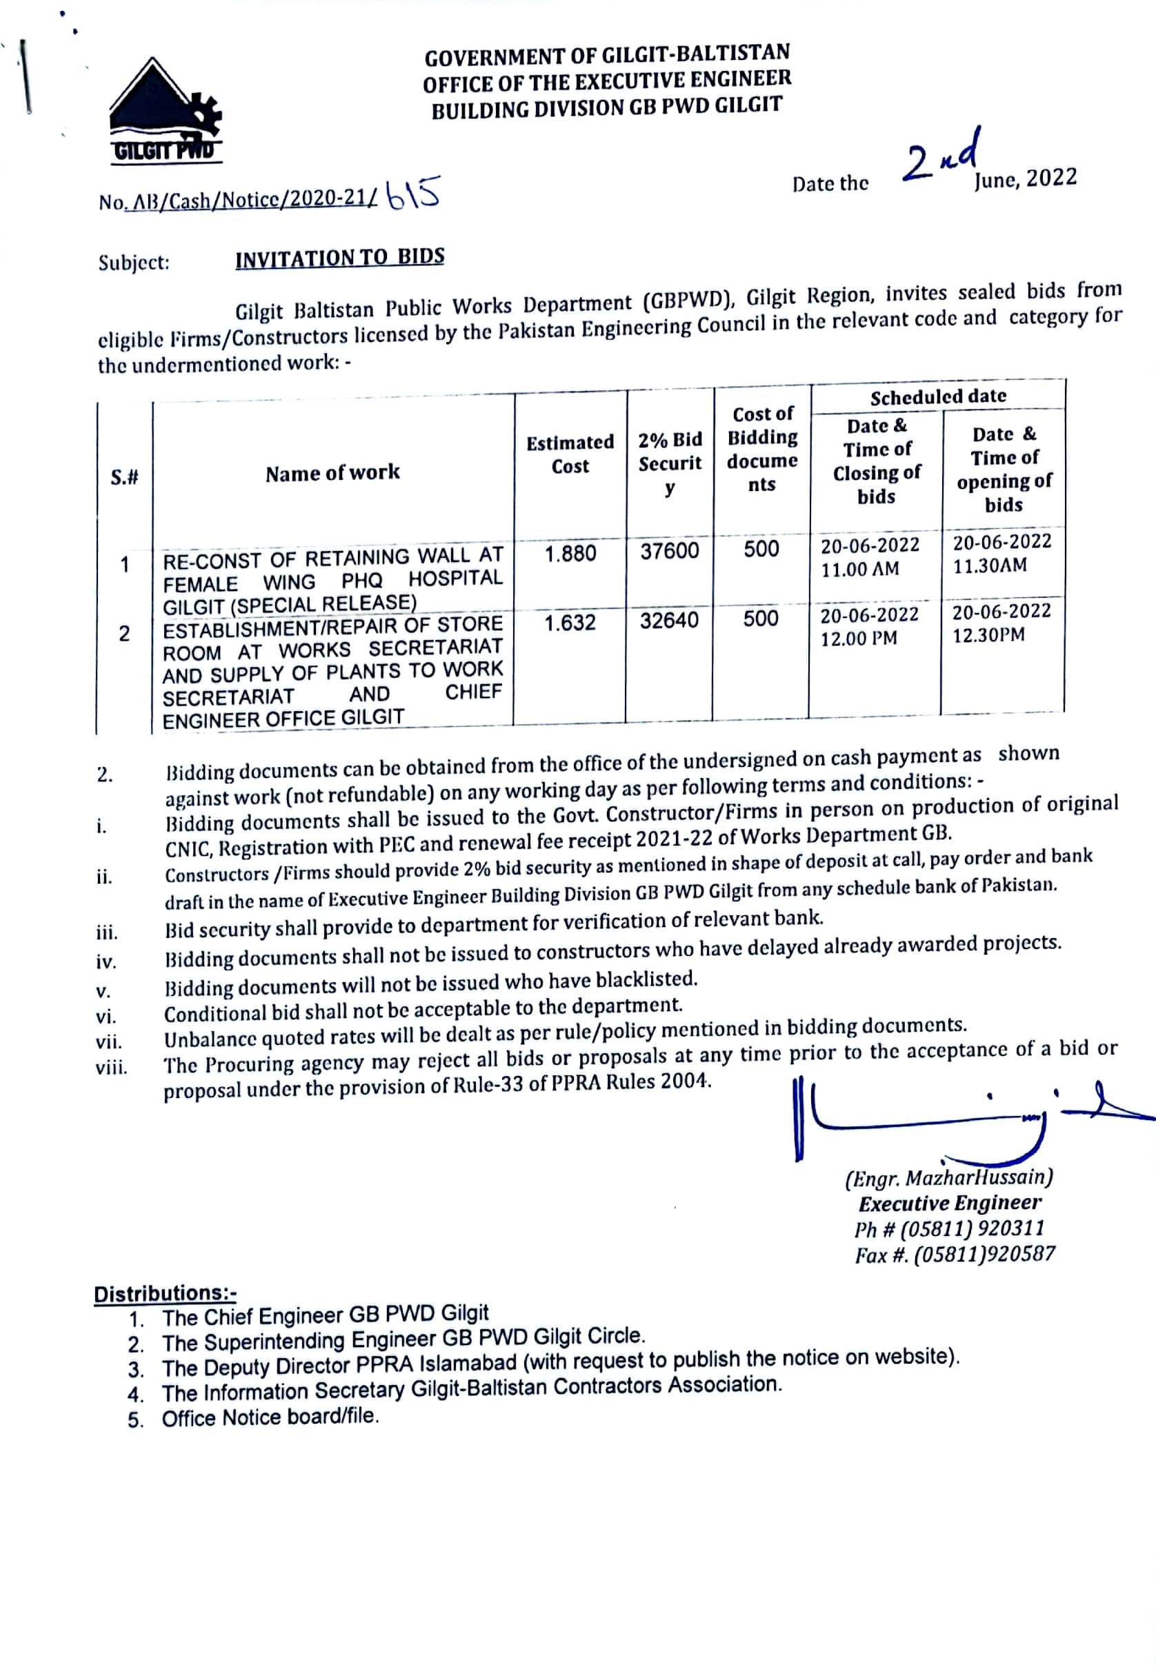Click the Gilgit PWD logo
[x=165, y=112]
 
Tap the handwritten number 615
[x=414, y=195]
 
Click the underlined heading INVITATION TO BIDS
[x=340, y=258]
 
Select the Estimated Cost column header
[x=570, y=454]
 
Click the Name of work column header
[x=332, y=474]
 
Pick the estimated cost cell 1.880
[x=570, y=554]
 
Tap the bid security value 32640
[x=669, y=621]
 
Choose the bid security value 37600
[x=670, y=551]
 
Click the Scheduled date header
[x=938, y=397]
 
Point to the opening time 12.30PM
[x=988, y=635]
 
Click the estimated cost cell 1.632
[x=570, y=623]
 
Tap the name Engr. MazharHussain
[x=949, y=1178]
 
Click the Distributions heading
[x=165, y=1293]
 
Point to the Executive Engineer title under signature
[x=950, y=1204]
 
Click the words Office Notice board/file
[x=270, y=1417]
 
